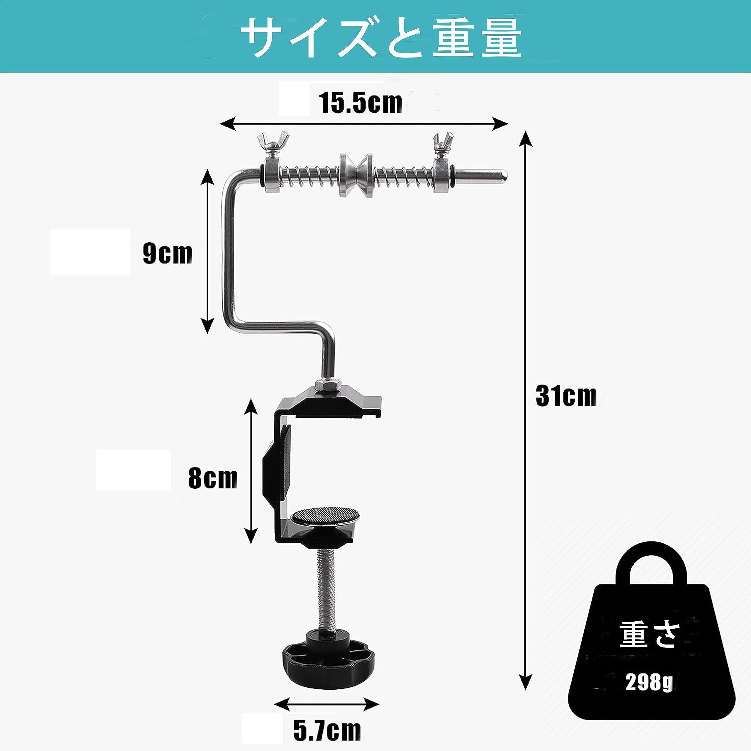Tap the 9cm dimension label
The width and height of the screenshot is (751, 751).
(168, 253)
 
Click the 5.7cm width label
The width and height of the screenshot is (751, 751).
(327, 731)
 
